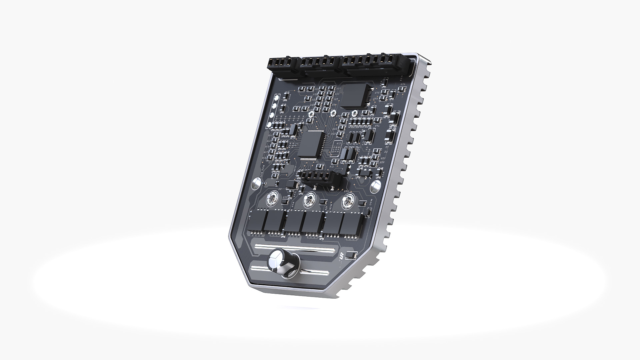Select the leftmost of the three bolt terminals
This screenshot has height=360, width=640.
pos(271,200)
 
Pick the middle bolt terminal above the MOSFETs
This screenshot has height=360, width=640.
pos(310,200)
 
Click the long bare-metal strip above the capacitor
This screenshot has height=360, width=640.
pos(295,249)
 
